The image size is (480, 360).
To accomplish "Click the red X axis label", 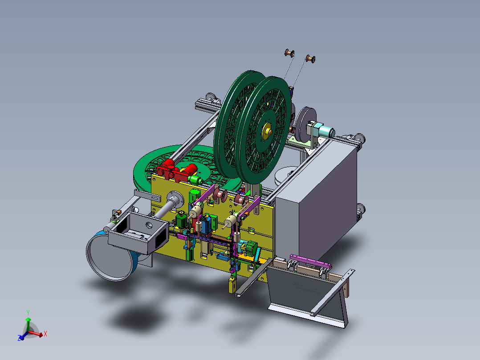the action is pos(45,334).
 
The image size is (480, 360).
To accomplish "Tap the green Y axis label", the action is pos(28,312).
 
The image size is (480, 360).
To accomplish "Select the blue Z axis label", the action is pos(19,338).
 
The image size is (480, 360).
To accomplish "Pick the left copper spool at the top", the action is pos(289,53).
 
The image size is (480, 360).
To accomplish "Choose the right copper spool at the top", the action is pos(310,58).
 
